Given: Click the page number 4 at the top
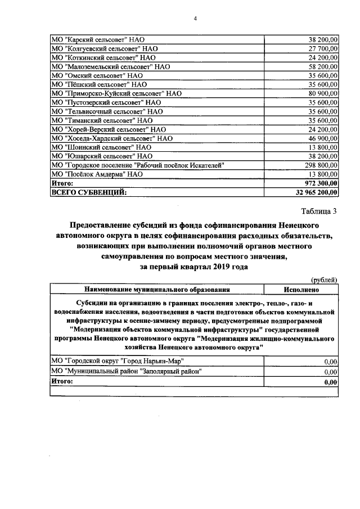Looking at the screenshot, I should point(195,19).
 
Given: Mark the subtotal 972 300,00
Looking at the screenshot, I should point(319,183).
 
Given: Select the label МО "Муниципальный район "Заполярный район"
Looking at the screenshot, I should point(126,371).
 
